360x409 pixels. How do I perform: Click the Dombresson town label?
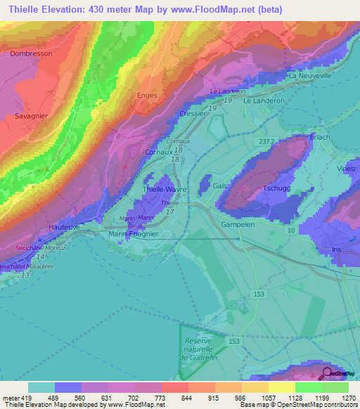tap(33, 53)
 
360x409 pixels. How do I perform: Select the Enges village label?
tap(144, 94)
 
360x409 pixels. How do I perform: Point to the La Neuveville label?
tap(309, 76)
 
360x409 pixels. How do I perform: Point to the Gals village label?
tap(220, 184)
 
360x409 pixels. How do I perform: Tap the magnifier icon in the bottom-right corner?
tap(327, 373)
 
